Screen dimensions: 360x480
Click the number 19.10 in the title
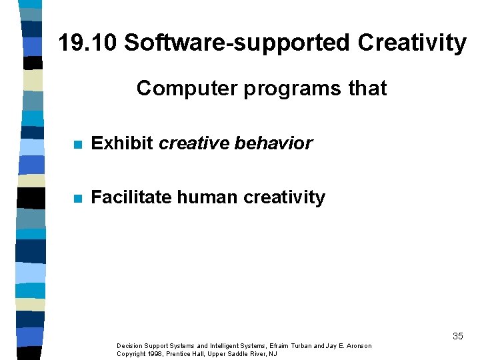(88, 43)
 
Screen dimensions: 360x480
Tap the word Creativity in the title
(412, 43)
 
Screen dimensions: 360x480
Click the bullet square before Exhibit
(78, 145)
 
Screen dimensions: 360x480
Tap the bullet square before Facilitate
(78, 198)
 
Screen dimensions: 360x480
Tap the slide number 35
(457, 336)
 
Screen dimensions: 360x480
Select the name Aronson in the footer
(357, 346)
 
